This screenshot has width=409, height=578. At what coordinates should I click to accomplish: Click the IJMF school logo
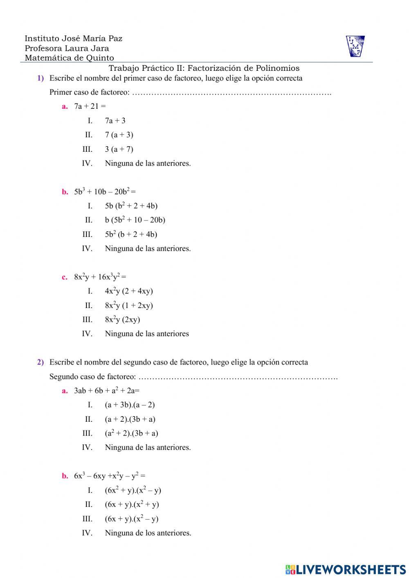[x=355, y=46]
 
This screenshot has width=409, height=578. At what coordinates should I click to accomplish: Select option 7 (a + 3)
[x=119, y=135]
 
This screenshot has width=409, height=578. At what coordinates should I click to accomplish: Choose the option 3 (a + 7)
[x=119, y=149]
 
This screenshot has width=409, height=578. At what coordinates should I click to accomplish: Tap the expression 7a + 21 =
[x=90, y=106]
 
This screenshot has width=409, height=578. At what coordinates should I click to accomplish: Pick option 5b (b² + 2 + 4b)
[x=131, y=206]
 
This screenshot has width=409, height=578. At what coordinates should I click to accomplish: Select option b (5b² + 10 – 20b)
[x=135, y=220]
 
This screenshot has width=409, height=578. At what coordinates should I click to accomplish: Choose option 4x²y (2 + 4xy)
[x=129, y=291]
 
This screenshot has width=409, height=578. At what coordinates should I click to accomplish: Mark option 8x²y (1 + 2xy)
[x=129, y=306]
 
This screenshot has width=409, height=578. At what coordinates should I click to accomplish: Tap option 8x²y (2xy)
[x=122, y=319]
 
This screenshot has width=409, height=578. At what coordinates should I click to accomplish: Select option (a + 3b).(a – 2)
[x=130, y=405]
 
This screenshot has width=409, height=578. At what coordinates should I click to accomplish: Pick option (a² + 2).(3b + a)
[x=131, y=433]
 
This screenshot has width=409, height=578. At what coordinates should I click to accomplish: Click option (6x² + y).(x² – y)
[x=133, y=490]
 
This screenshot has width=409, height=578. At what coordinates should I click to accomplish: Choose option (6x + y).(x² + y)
[x=132, y=504]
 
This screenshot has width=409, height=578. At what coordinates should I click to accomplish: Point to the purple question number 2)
[x=40, y=362]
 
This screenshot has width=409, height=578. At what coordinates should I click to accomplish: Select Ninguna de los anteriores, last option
[x=148, y=533]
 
